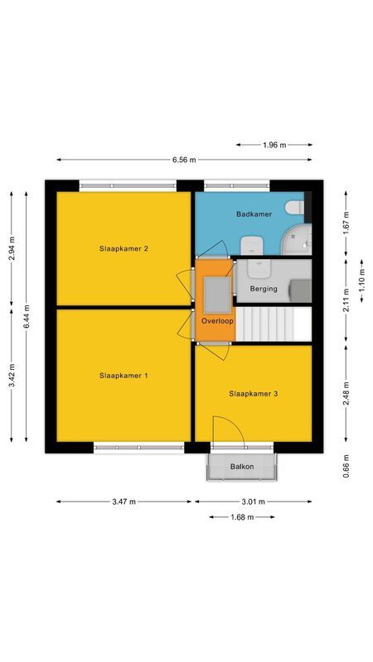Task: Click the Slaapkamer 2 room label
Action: coord(124,248)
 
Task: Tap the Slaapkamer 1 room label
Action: coord(124,376)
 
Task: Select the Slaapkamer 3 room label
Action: coord(253,394)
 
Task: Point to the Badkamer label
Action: coord(254,214)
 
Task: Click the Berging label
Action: coord(263,289)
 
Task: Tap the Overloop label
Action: coord(217,320)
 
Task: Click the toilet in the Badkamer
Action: coord(293,208)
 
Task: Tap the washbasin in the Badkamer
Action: coord(252,244)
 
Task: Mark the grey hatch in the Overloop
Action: coord(218,291)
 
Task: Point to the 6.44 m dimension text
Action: coord(27,316)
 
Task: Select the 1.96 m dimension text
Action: coord(274,145)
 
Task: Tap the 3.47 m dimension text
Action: coord(124,501)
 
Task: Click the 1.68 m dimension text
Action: coord(241,517)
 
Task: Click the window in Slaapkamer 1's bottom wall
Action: coord(138,448)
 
